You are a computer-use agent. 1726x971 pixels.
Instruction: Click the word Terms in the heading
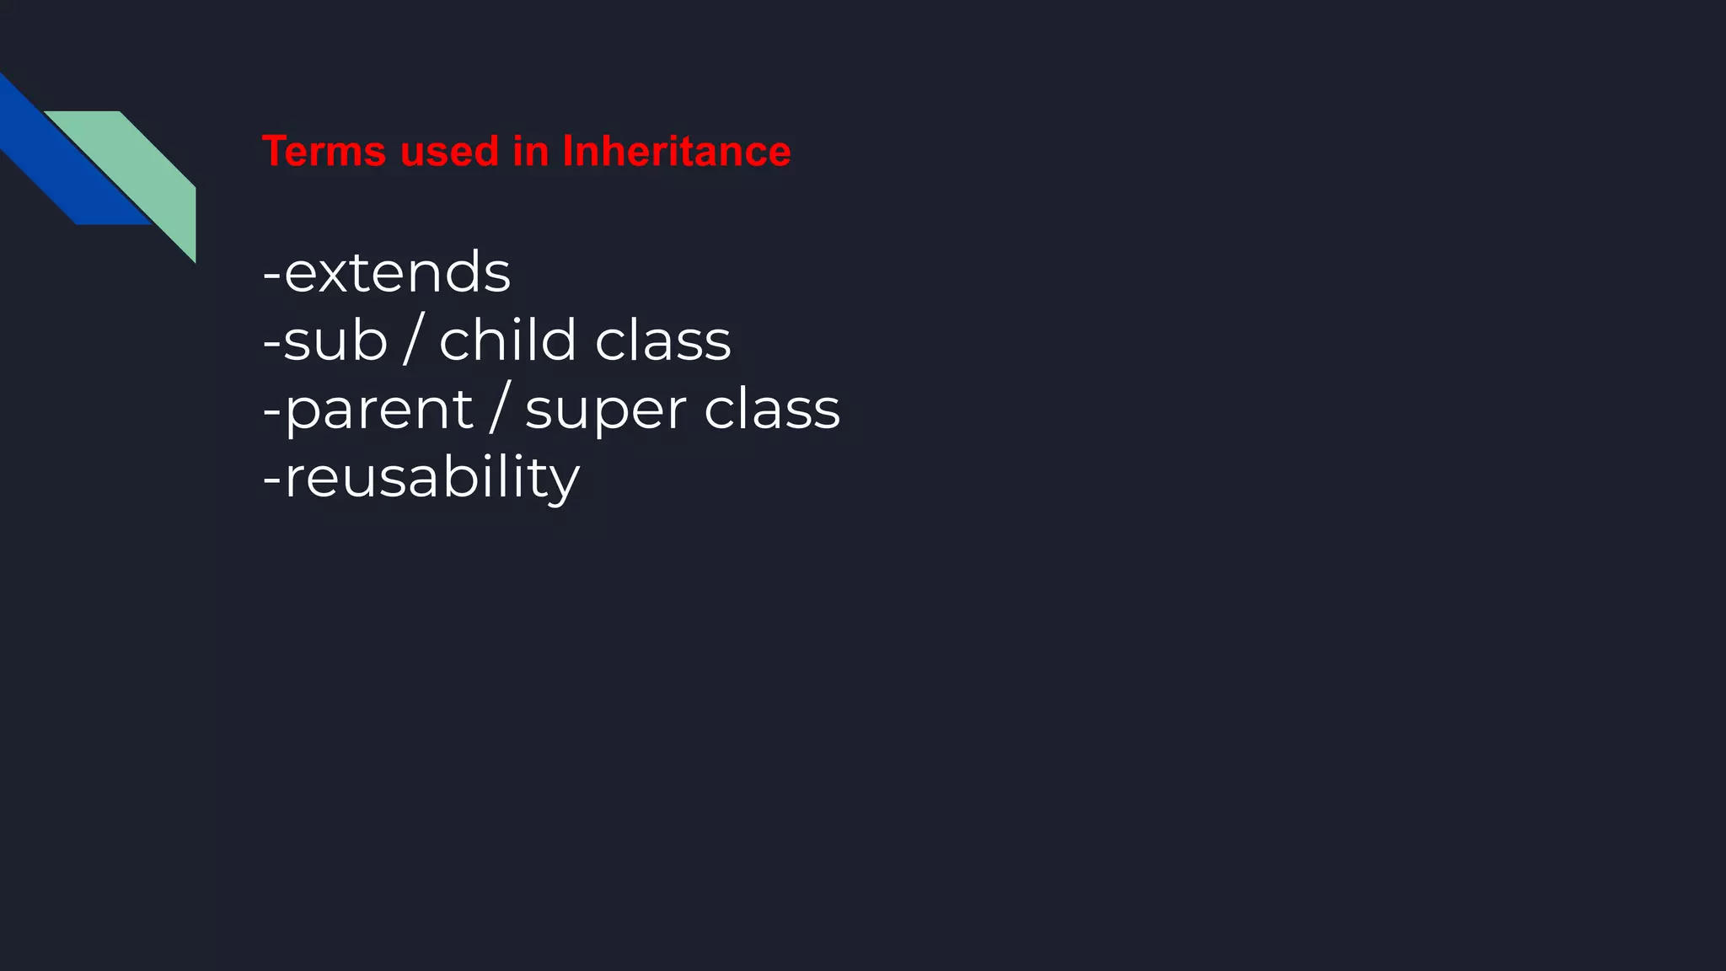coord(324,152)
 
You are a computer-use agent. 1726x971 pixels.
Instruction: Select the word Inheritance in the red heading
coord(677,152)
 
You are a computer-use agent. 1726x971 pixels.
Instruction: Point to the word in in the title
coord(531,152)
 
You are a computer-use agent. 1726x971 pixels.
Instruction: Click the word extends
coord(398,272)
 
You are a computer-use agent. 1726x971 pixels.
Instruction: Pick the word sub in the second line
coord(335,341)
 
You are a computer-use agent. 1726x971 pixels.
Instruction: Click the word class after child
coord(663,341)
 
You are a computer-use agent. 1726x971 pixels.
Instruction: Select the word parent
coord(379,410)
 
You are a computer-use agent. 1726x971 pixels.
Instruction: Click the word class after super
coord(772,410)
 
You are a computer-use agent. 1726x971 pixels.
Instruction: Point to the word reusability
coord(432,478)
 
